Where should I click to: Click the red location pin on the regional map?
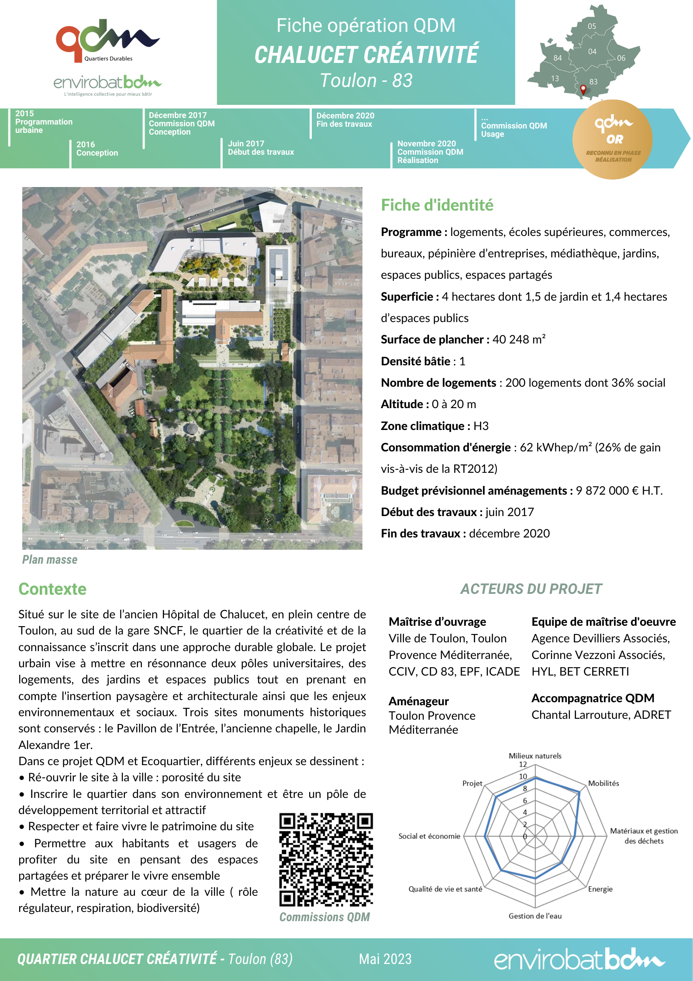pyautogui.click(x=583, y=90)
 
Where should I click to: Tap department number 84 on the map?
pyautogui.click(x=558, y=58)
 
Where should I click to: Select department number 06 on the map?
pyautogui.click(x=621, y=58)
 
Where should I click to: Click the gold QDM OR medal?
pyautogui.click(x=612, y=139)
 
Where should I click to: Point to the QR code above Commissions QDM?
pyautogui.click(x=326, y=860)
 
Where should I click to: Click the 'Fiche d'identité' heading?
pyautogui.click(x=437, y=205)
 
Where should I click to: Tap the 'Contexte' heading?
pyautogui.click(x=52, y=589)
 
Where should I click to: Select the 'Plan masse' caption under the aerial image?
pyautogui.click(x=50, y=560)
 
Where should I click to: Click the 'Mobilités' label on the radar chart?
pyautogui.click(x=603, y=783)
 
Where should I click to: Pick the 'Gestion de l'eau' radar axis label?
pyautogui.click(x=535, y=916)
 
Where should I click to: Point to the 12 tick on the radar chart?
pyautogui.click(x=523, y=764)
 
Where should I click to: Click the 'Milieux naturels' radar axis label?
pyautogui.click(x=535, y=756)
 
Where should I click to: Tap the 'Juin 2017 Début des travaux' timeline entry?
pyautogui.click(x=261, y=148)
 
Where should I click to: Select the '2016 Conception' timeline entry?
pyautogui.click(x=97, y=149)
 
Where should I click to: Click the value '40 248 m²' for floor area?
pyautogui.click(x=519, y=340)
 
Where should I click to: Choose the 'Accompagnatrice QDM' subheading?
pyautogui.click(x=593, y=698)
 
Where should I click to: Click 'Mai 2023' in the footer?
pyautogui.click(x=385, y=959)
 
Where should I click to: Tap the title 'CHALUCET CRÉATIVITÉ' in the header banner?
pyautogui.click(x=366, y=55)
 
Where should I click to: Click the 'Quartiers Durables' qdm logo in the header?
pyautogui.click(x=107, y=41)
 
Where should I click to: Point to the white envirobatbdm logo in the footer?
pyautogui.click(x=579, y=959)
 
